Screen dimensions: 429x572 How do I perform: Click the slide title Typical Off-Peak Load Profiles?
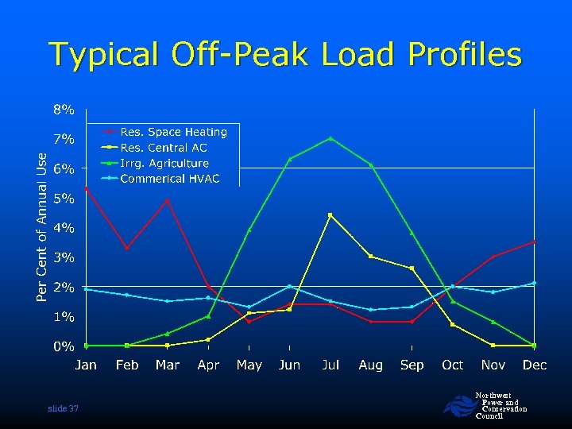point(286,55)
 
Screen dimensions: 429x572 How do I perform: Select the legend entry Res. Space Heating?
point(173,132)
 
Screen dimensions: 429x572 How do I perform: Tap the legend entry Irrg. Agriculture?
point(164,163)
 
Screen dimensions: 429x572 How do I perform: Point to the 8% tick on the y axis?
point(64,109)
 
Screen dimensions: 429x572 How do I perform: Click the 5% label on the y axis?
point(64,198)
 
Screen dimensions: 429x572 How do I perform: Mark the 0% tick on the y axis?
point(64,346)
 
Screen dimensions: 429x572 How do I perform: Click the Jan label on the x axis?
point(86,365)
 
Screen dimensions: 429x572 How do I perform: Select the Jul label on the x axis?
point(330,365)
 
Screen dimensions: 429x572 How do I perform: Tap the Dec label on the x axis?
point(535,365)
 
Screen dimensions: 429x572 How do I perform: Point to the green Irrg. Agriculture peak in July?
point(330,138)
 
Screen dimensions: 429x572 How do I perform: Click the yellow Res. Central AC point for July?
point(330,214)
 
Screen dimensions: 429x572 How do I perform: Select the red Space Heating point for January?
point(86,188)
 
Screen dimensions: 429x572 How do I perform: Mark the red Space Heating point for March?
point(168,200)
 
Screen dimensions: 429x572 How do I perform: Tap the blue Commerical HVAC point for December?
point(535,283)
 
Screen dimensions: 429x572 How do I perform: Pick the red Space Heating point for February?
point(127,248)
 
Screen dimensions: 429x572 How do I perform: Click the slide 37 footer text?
point(63,408)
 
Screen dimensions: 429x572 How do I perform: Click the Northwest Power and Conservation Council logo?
point(458,407)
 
